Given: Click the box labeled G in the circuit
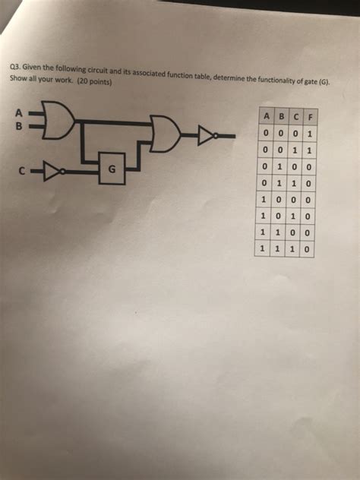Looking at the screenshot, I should (x=111, y=170).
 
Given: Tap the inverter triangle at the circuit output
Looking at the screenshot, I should (x=208, y=137).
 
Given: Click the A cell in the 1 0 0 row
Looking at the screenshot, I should (x=264, y=198).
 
